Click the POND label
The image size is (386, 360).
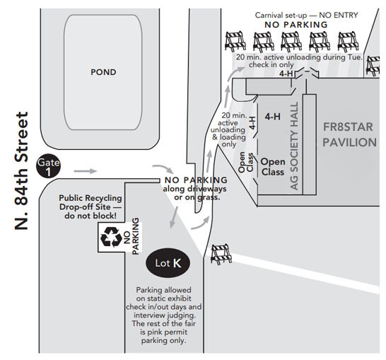[x=103, y=72]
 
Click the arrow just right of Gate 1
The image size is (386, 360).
[x=83, y=170]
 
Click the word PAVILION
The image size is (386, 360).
[x=349, y=142]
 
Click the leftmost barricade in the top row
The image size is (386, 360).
[x=235, y=40]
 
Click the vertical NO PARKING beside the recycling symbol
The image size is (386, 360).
[x=132, y=236]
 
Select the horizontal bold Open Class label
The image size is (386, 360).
[x=273, y=167]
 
